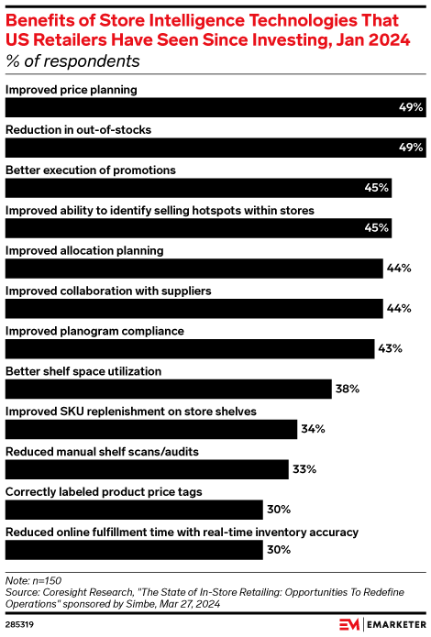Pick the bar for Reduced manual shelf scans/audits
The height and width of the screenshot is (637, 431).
(147, 469)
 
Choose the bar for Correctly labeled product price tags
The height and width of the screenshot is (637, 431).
(133, 510)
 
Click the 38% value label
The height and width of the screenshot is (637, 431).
(347, 389)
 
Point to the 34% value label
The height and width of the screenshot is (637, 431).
(314, 429)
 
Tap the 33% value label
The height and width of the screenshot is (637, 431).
(304, 469)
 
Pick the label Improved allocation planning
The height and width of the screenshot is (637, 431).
(85, 250)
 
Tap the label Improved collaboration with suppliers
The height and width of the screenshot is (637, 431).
(109, 291)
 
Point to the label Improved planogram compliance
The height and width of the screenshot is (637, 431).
(95, 331)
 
